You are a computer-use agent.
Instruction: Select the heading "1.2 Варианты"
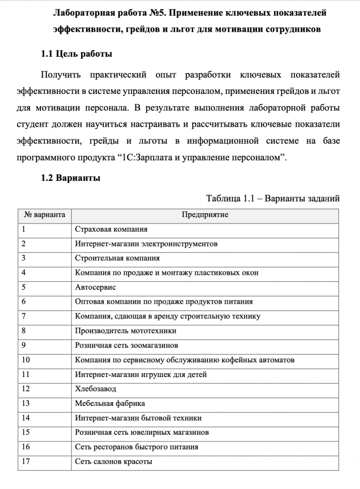click(70, 178)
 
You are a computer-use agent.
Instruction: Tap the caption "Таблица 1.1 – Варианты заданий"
click(273, 199)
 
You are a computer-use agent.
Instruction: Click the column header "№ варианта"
click(45, 215)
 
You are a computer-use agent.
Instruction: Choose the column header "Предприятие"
click(205, 215)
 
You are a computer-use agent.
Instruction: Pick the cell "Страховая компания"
click(111, 229)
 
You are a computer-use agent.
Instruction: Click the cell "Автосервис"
click(95, 287)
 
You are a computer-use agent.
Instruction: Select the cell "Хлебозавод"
click(96, 389)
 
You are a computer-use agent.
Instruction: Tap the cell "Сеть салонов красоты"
click(113, 462)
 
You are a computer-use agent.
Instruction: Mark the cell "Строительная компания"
click(117, 258)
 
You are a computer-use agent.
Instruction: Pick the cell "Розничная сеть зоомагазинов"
click(126, 345)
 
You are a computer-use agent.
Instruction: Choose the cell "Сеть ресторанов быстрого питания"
click(136, 447)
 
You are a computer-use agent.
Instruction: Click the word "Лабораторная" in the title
click(84, 12)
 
